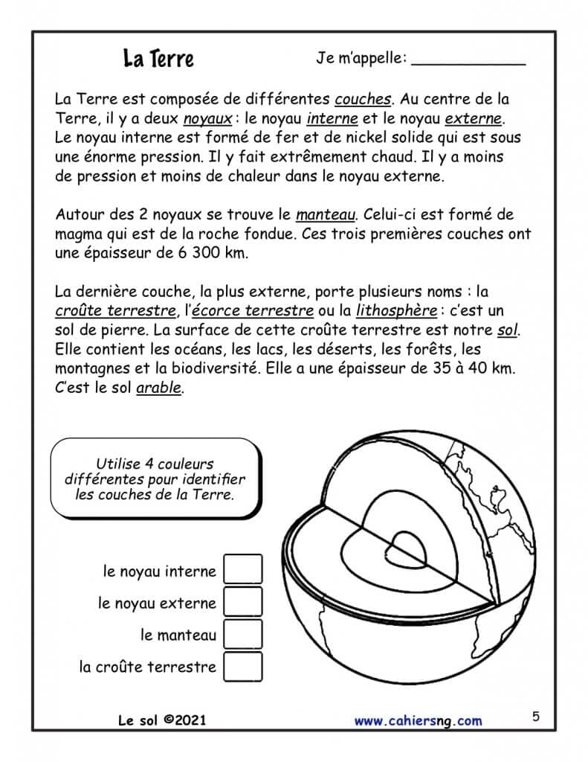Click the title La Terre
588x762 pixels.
click(x=158, y=59)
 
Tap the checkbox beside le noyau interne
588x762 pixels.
click(x=243, y=570)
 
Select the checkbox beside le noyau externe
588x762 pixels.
click(x=243, y=602)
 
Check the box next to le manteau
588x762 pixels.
click(x=243, y=634)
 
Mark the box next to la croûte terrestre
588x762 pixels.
click(x=243, y=666)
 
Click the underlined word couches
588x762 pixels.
click(x=363, y=99)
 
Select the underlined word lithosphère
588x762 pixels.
click(x=392, y=310)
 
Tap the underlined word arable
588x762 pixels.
click(x=159, y=388)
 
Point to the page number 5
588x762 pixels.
click(x=536, y=717)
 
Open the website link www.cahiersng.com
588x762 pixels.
click(x=418, y=720)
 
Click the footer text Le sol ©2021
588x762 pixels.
click(x=162, y=720)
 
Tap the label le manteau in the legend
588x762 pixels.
click(x=178, y=635)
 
